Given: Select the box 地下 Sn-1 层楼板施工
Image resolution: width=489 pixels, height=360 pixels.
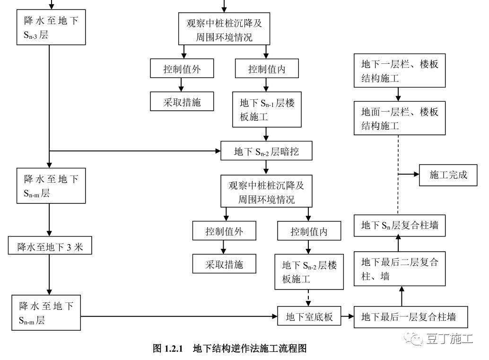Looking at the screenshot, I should [x=267, y=110].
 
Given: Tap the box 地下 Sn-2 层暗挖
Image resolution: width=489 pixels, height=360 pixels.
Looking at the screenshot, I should [x=267, y=152].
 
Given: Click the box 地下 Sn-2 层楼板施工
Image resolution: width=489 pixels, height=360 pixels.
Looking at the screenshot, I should [x=309, y=272].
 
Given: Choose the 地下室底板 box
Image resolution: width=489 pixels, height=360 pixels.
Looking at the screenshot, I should [x=309, y=316].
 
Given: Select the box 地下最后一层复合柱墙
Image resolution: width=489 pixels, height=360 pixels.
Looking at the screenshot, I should [x=411, y=316].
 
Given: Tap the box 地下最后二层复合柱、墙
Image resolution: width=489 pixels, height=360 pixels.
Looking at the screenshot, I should [x=400, y=269].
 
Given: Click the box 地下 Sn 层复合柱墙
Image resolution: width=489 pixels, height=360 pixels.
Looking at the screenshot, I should [x=400, y=225].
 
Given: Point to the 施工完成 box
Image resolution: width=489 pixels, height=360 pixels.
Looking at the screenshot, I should [x=448, y=175].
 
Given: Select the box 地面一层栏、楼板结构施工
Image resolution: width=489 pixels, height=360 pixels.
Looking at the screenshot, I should [x=400, y=119].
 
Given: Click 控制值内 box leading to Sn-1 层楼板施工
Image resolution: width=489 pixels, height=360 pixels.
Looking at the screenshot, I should [x=267, y=70].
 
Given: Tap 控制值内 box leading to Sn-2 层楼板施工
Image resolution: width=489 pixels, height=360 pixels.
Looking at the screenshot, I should [x=309, y=232].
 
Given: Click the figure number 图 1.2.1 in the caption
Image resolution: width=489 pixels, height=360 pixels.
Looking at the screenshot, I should [x=167, y=349].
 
